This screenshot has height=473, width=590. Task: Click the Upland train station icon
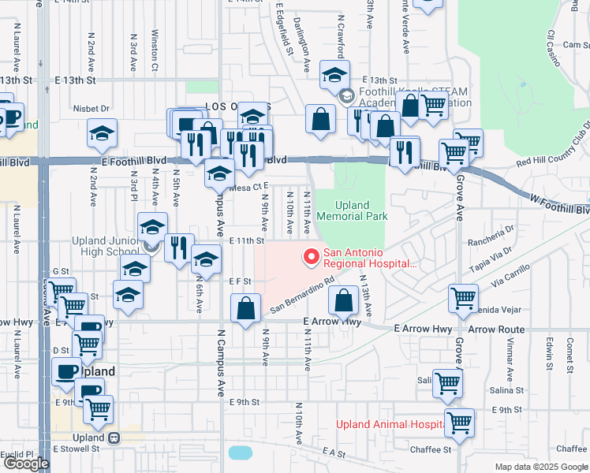point(114,438)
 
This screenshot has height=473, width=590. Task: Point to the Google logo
point(26,464)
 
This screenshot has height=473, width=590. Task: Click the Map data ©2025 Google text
point(541,467)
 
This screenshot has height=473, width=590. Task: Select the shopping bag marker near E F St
point(246,308)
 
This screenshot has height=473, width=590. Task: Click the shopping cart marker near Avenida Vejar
point(463,298)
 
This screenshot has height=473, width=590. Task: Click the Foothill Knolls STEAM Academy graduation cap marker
point(334,76)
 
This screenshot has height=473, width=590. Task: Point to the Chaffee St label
point(430,450)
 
